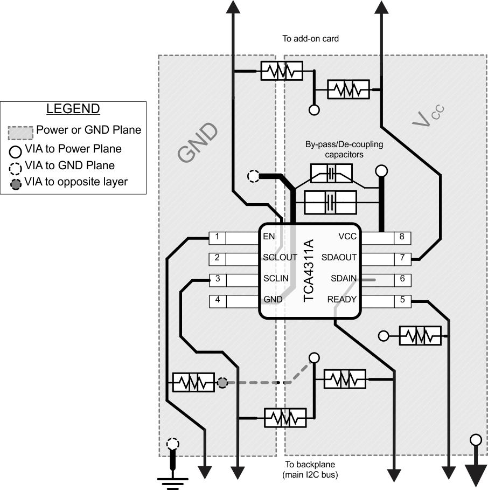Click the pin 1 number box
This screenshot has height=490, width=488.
click(217, 237)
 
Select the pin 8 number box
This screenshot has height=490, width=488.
click(402, 237)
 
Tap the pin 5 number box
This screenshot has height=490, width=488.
click(402, 300)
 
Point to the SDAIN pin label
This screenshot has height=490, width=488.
click(343, 279)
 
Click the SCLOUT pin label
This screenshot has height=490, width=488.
click(280, 258)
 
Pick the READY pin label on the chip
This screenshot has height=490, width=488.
click(341, 300)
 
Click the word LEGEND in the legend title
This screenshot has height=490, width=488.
click(73, 109)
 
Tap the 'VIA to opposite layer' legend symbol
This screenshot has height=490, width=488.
click(16, 183)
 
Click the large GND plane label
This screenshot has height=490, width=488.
click(198, 142)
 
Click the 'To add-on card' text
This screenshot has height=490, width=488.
click(310, 39)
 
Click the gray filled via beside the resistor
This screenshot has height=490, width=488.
click(221, 383)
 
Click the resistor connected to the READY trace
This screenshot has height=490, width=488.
click(420, 336)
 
